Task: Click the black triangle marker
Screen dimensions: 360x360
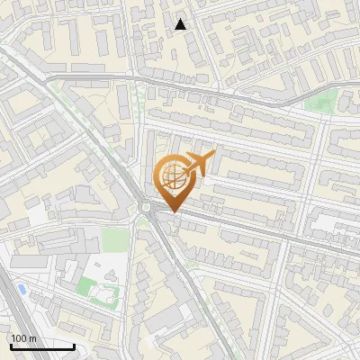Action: [181, 24]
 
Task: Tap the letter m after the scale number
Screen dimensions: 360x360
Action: [31, 338]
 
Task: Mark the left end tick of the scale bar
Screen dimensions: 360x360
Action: [11, 346]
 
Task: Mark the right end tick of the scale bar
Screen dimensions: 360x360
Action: [74, 346]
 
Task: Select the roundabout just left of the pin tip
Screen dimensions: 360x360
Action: [145, 210]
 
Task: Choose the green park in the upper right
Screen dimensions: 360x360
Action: [317, 101]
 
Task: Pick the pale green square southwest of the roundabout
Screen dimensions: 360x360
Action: [114, 240]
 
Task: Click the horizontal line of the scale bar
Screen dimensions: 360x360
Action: [42, 347]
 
